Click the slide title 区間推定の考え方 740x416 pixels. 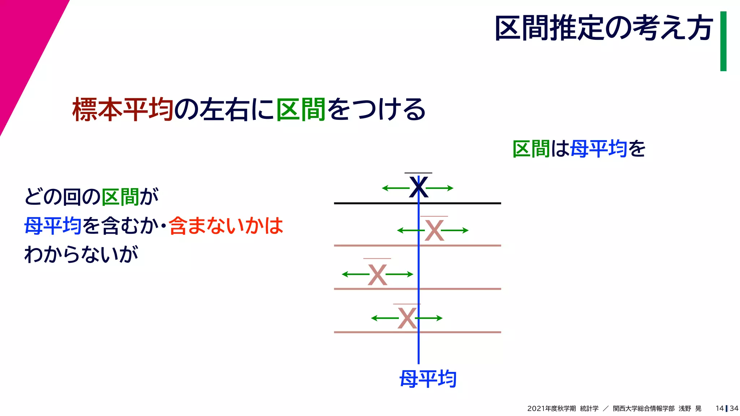603,28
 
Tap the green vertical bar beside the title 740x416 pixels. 723,41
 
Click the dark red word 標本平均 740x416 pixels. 123,109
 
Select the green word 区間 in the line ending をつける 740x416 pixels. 301,109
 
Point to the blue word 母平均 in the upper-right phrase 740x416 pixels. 598,149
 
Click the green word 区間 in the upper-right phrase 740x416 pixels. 531,149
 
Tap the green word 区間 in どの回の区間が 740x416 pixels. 120,197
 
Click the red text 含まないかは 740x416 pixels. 226,226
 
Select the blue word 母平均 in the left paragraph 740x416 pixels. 53,226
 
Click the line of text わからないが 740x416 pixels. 81,254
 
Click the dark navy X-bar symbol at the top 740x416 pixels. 418,187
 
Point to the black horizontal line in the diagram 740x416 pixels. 376,203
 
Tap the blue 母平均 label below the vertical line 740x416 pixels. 428,379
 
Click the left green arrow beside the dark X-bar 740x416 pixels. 395,188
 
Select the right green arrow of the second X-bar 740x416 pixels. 455,230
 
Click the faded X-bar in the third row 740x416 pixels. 377,274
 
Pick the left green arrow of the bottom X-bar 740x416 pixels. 384,318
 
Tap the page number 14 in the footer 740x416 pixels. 719,408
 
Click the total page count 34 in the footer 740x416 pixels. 734,408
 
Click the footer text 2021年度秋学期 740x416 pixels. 551,408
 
